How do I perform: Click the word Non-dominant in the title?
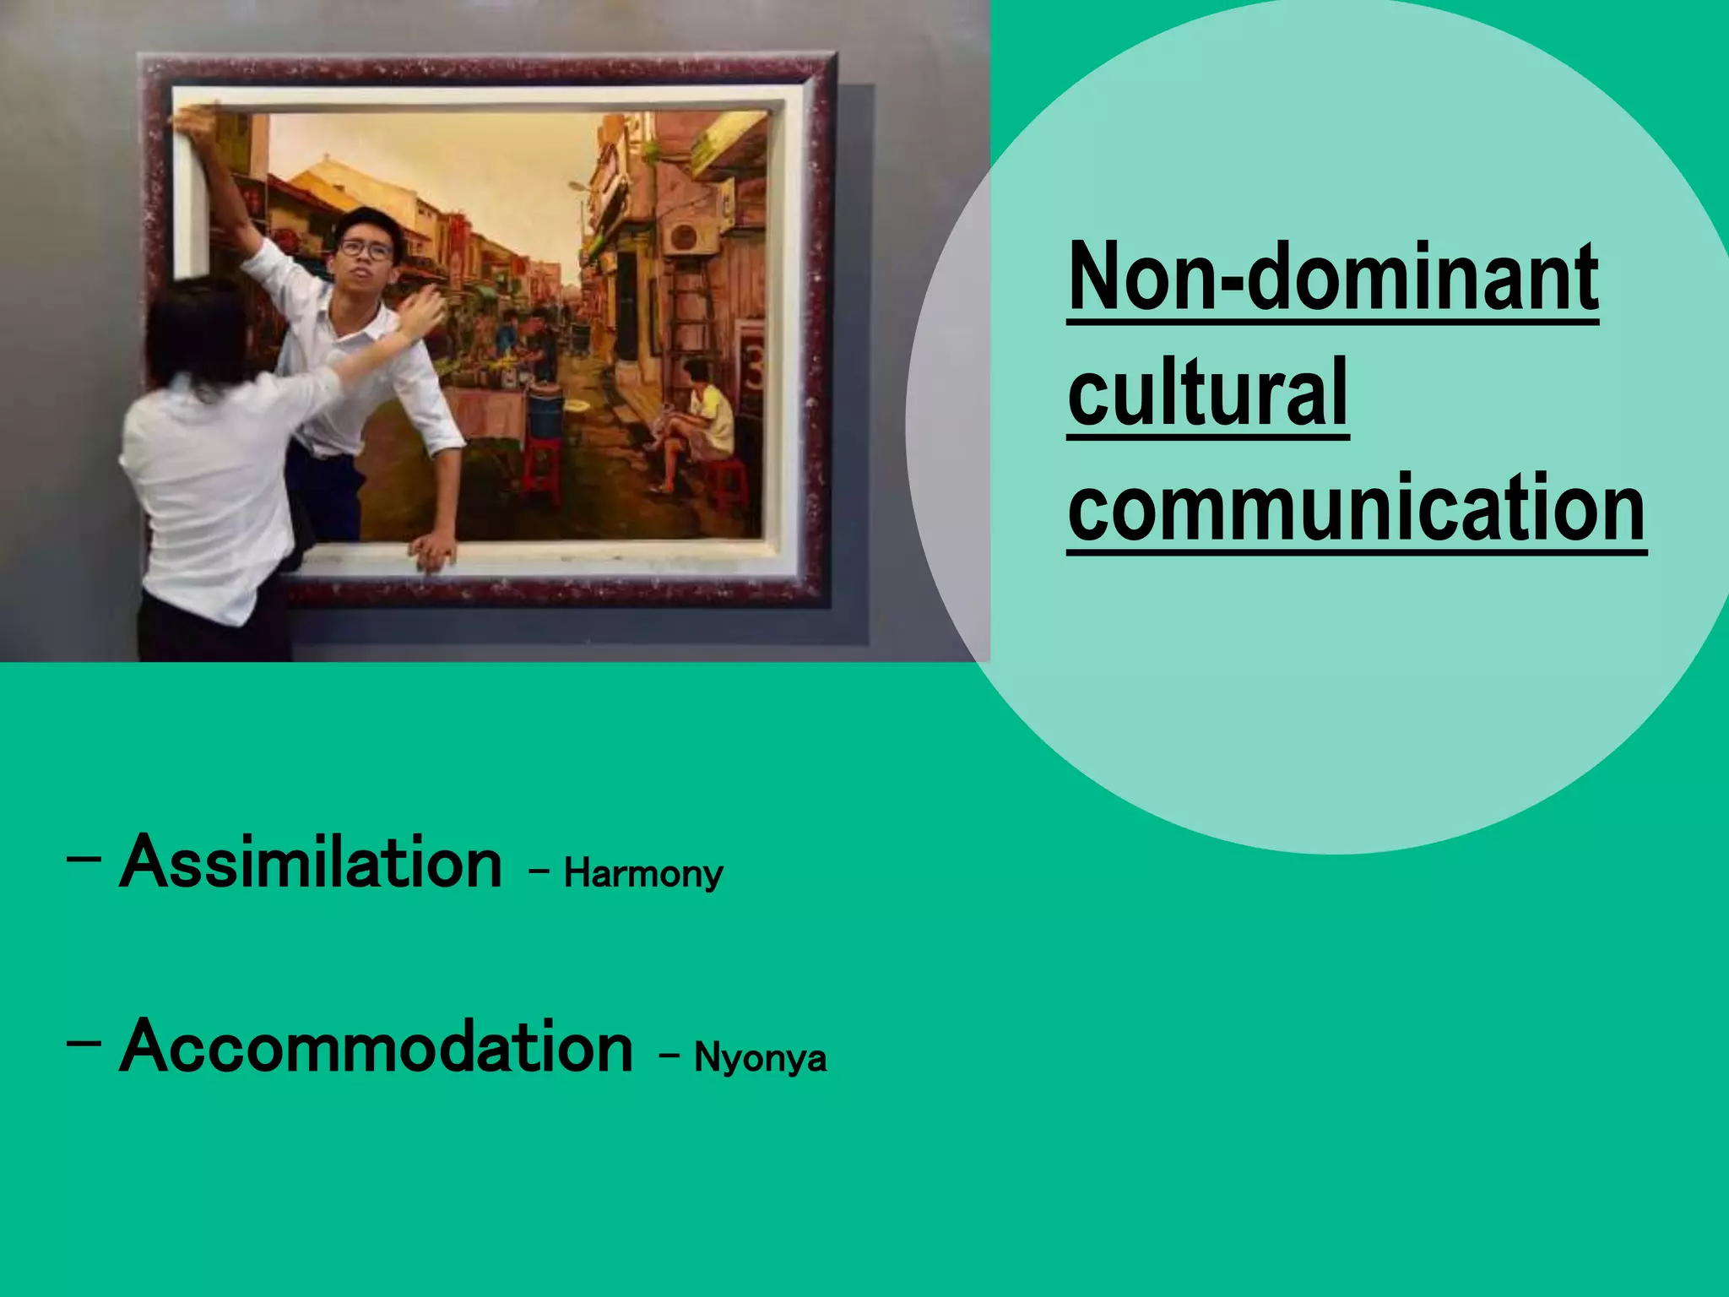pyautogui.click(x=1332, y=277)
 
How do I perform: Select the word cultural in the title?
pyautogui.click(x=1207, y=393)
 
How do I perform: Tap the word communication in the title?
pyautogui.click(x=1357, y=508)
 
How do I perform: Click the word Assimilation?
pyautogui.click(x=311, y=863)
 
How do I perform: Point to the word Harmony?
pyautogui.click(x=643, y=873)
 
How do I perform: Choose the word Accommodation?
pyautogui.click(x=376, y=1048)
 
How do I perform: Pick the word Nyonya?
pyautogui.click(x=760, y=1057)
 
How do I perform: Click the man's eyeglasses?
pyautogui.click(x=366, y=249)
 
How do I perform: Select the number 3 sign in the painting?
pyautogui.click(x=752, y=372)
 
